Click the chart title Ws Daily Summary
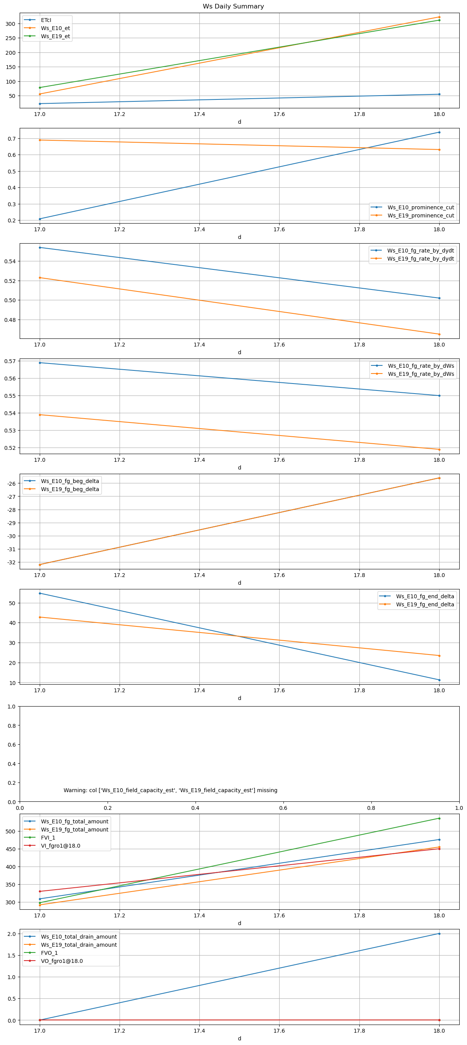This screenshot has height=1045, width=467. pyautogui.click(x=233, y=7)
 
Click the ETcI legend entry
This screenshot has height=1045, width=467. pyautogui.click(x=46, y=20)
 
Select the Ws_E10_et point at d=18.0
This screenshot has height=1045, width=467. pyautogui.click(x=439, y=17)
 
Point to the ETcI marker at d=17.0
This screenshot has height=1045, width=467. pyautogui.click(x=40, y=104)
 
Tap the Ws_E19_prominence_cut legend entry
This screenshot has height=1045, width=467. pyautogui.click(x=420, y=215)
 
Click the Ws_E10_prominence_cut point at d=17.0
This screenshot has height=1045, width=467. pyautogui.click(x=40, y=219)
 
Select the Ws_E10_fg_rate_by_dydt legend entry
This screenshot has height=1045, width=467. pyautogui.click(x=420, y=251)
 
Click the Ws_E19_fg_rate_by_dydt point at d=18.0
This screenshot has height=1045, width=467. pyautogui.click(x=439, y=334)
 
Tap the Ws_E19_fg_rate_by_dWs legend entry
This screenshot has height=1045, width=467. pyautogui.click(x=421, y=374)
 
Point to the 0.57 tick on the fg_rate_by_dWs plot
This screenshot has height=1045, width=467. pyautogui.click(x=10, y=361)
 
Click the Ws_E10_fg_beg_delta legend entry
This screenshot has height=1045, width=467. pyautogui.click(x=70, y=481)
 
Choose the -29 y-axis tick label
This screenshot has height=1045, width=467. pyautogui.click(x=11, y=523)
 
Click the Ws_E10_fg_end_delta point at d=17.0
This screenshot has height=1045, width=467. pyautogui.click(x=40, y=593)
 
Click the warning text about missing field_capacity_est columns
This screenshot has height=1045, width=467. pyautogui.click(x=170, y=790)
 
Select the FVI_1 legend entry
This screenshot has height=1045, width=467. pyautogui.click(x=48, y=838)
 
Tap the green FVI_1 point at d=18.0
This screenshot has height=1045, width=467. pyautogui.click(x=439, y=818)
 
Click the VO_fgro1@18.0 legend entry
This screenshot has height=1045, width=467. pyautogui.click(x=62, y=961)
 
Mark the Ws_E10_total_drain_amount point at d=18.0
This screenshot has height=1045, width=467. pyautogui.click(x=439, y=934)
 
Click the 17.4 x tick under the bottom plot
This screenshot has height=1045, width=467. pyautogui.click(x=199, y=1030)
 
